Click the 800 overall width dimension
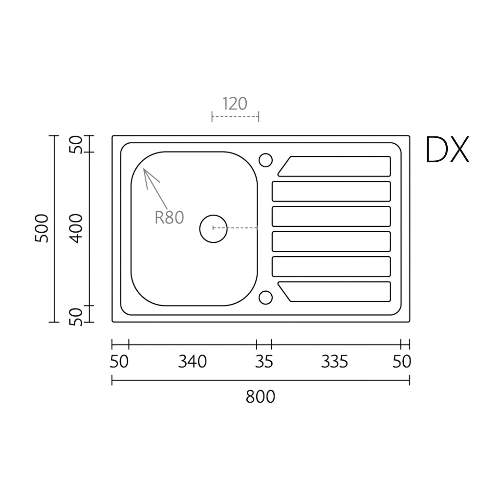[x=261, y=396]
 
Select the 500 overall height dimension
[x=42, y=228]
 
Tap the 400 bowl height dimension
[x=76, y=228]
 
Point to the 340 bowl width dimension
[x=192, y=362]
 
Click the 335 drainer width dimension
[x=334, y=362]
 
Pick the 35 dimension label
[x=264, y=362]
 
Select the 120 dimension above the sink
[x=235, y=104]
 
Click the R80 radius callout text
[x=169, y=217]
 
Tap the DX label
[x=447, y=150]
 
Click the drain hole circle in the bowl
[x=214, y=228]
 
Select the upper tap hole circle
[x=265, y=160]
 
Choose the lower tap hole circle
[x=265, y=297]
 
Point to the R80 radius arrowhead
[x=146, y=172]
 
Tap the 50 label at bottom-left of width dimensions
[x=119, y=362]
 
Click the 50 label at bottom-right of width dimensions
[x=402, y=362]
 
